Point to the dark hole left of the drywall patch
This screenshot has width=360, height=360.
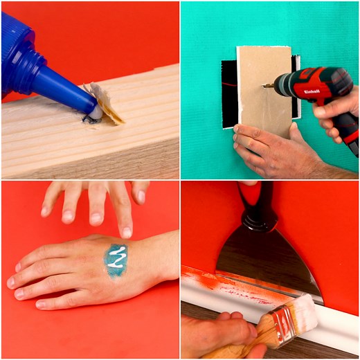click(229, 93)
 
